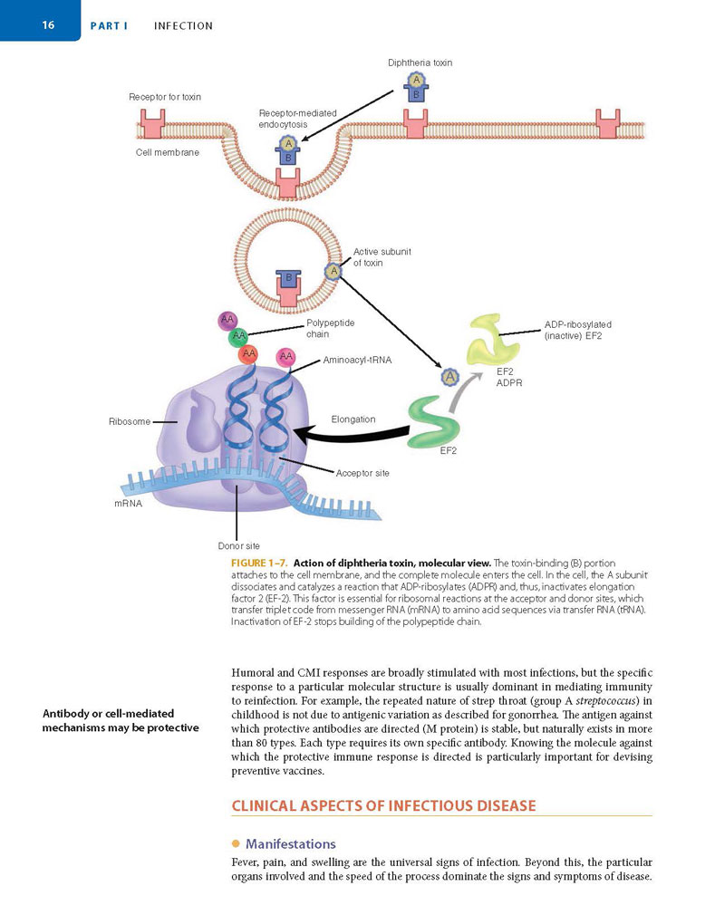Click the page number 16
(48, 24)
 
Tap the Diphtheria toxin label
(420, 63)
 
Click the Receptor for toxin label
(165, 97)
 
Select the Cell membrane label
(168, 152)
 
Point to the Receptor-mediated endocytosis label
(297, 119)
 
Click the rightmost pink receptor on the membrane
(607, 123)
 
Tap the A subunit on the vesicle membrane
(333, 271)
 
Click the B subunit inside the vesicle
(288, 279)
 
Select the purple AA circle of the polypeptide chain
(227, 320)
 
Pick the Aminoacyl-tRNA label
(357, 360)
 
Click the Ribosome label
(130, 421)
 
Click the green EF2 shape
(434, 421)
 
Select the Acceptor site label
(362, 473)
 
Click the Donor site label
(238, 546)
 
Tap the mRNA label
(129, 503)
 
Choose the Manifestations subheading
(291, 843)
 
